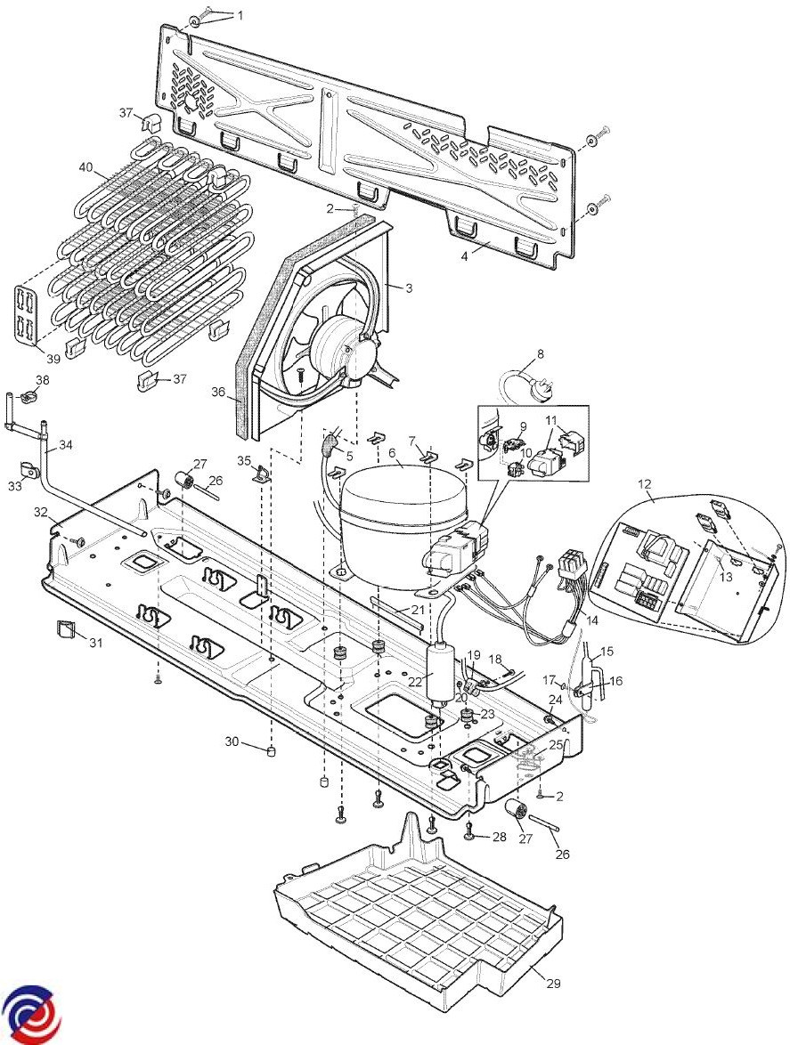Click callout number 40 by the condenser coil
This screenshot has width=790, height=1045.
click(86, 167)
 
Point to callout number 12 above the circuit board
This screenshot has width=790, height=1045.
click(644, 483)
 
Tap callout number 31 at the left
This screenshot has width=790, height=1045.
click(95, 643)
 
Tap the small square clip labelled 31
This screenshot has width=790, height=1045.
click(64, 631)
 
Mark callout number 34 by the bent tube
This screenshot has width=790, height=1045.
click(66, 444)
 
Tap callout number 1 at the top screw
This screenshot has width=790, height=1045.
click(238, 15)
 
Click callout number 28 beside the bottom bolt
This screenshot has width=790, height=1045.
click(499, 838)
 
